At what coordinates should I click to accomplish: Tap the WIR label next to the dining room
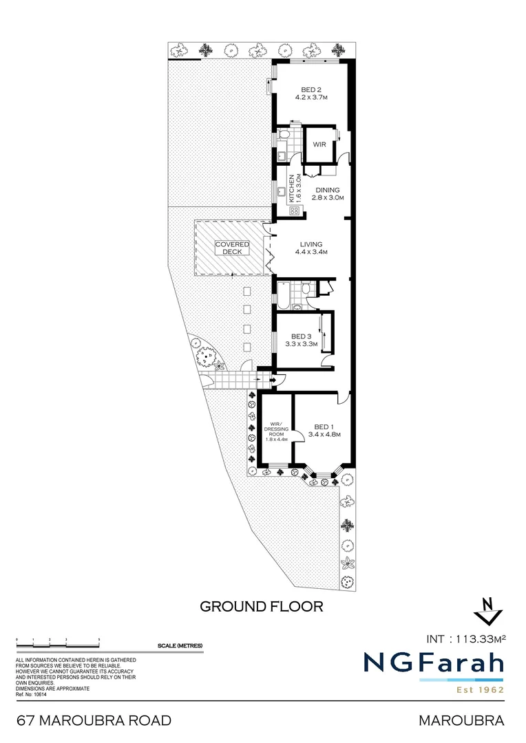pyautogui.click(x=319, y=144)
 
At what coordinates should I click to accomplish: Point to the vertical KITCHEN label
pyautogui.click(x=292, y=187)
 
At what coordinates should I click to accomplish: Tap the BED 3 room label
pyautogui.click(x=301, y=340)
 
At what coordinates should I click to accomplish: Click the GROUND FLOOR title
pyautogui.click(x=261, y=606)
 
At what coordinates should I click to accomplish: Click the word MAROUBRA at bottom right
pyautogui.click(x=461, y=720)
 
